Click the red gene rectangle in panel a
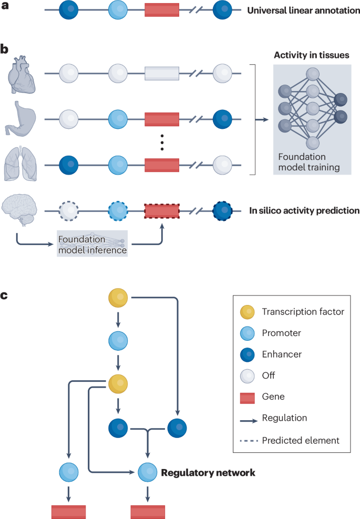pyautogui.click(x=162, y=11)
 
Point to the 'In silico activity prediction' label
pyautogui.click(x=304, y=211)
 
